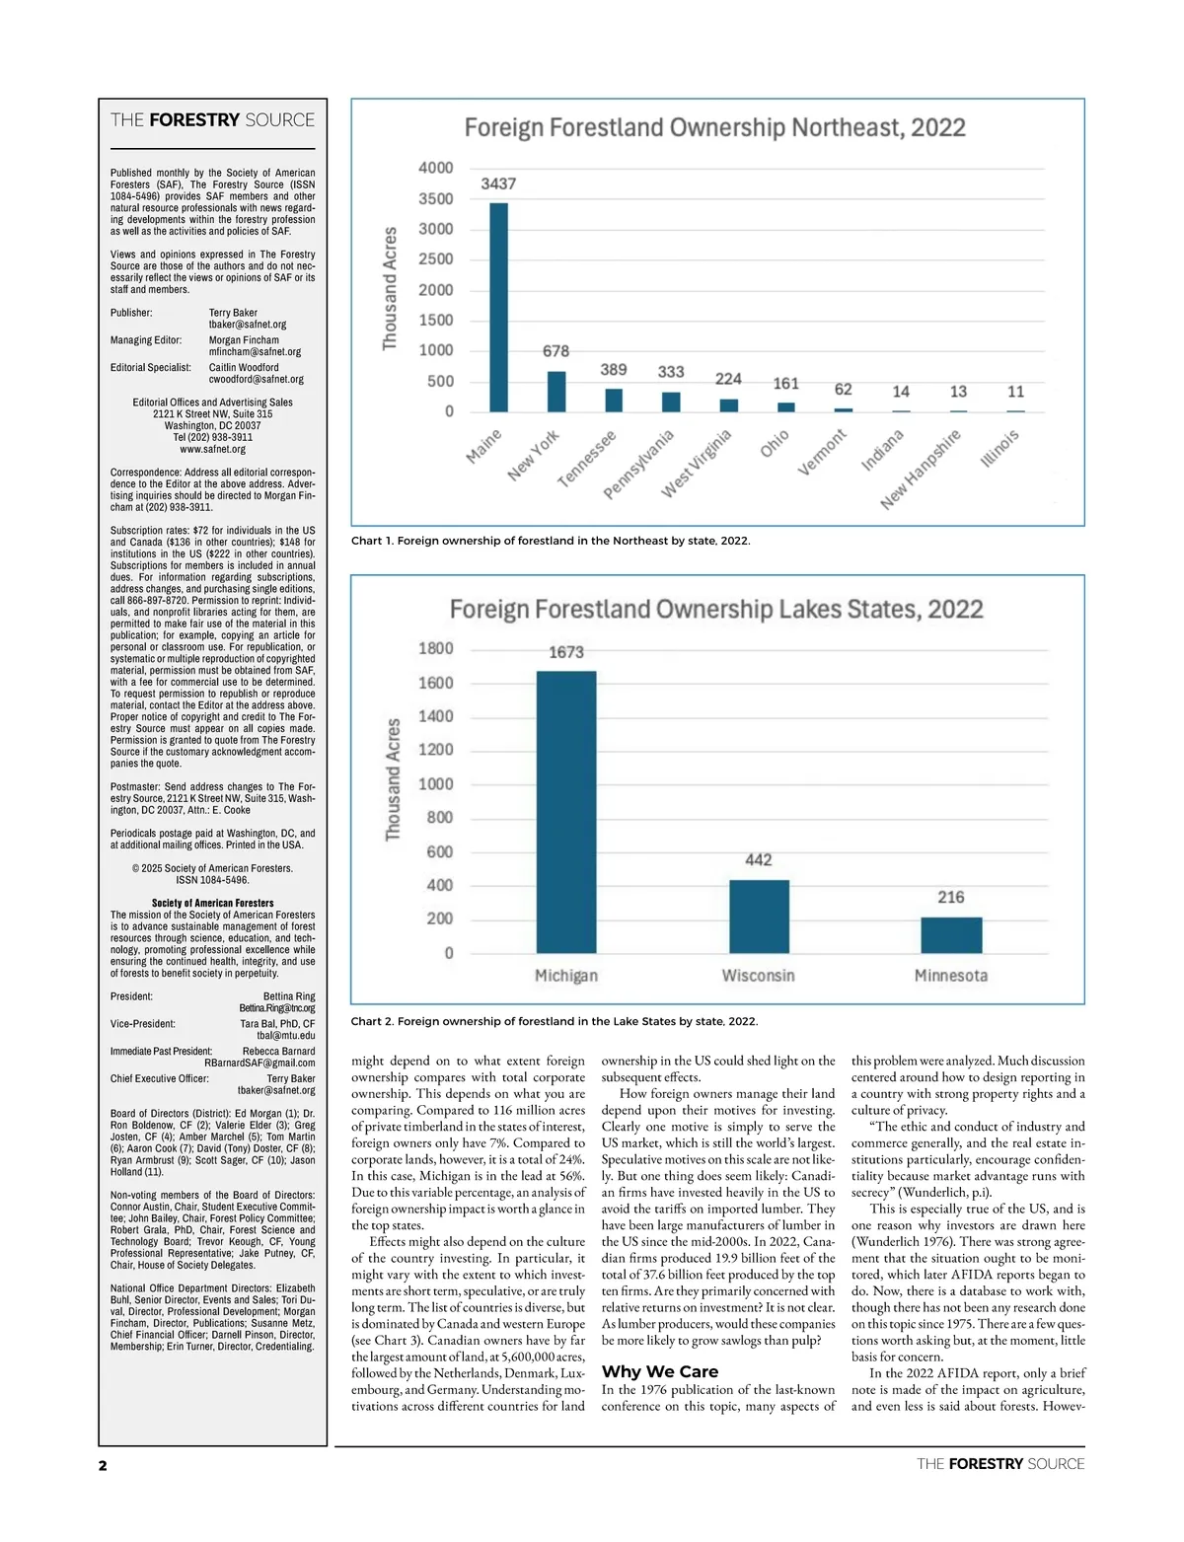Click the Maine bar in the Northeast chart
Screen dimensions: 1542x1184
[498, 307]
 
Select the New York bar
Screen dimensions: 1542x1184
[556, 392]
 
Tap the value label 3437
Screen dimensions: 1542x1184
[498, 184]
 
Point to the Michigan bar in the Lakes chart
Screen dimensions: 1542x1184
[566, 812]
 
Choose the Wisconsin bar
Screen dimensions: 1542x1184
[759, 917]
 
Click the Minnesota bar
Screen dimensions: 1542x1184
[951, 935]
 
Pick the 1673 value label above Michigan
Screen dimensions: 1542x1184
[566, 652]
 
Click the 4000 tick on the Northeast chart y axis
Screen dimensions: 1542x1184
[435, 168]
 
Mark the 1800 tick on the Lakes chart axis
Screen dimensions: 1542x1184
[435, 648]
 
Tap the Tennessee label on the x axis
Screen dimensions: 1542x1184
[587, 458]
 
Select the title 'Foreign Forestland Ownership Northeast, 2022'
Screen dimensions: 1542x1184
[714, 128]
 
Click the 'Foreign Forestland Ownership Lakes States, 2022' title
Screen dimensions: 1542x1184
[716, 609]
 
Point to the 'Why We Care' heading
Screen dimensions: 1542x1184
[660, 1371]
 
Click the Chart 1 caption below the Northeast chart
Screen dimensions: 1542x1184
[551, 541]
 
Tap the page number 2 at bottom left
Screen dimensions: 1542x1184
[103, 1465]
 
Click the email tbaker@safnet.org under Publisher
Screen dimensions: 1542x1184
[248, 325]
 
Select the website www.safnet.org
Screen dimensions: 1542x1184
[212, 449]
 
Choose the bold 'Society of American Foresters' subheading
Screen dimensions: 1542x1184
[212, 903]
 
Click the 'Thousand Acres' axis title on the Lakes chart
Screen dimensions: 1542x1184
[393, 779]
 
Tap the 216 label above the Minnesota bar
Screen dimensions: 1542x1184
[951, 897]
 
